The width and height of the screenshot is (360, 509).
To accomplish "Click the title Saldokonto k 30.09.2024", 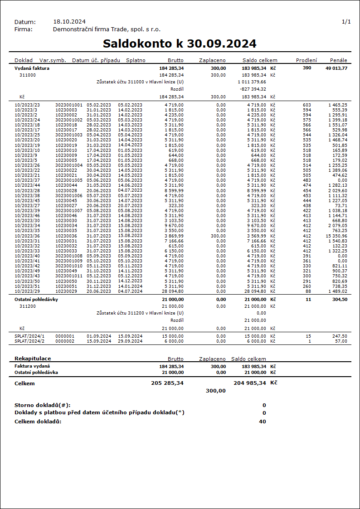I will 180,44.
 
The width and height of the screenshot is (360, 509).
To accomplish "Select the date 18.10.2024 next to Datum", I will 69,22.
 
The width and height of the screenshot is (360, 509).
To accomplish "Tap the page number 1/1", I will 346,22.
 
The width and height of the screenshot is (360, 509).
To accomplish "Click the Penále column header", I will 339,60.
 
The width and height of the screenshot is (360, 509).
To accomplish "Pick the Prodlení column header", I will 306,60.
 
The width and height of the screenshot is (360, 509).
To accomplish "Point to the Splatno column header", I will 136,60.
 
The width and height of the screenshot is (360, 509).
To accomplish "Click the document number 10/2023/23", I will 27,105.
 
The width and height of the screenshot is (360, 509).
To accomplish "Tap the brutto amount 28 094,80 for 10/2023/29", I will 171,291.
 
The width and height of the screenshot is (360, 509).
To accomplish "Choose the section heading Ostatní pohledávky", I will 36,300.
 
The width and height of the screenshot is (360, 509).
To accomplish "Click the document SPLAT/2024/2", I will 29,341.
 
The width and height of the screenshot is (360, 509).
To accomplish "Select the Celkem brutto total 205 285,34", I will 167,383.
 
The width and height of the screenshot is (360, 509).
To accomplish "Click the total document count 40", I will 263,422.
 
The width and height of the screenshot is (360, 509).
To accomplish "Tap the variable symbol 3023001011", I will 69,276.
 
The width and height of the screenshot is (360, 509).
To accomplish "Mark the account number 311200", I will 27,306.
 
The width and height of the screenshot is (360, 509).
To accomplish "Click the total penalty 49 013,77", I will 336,68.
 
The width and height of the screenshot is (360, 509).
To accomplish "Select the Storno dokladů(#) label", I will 43,405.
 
